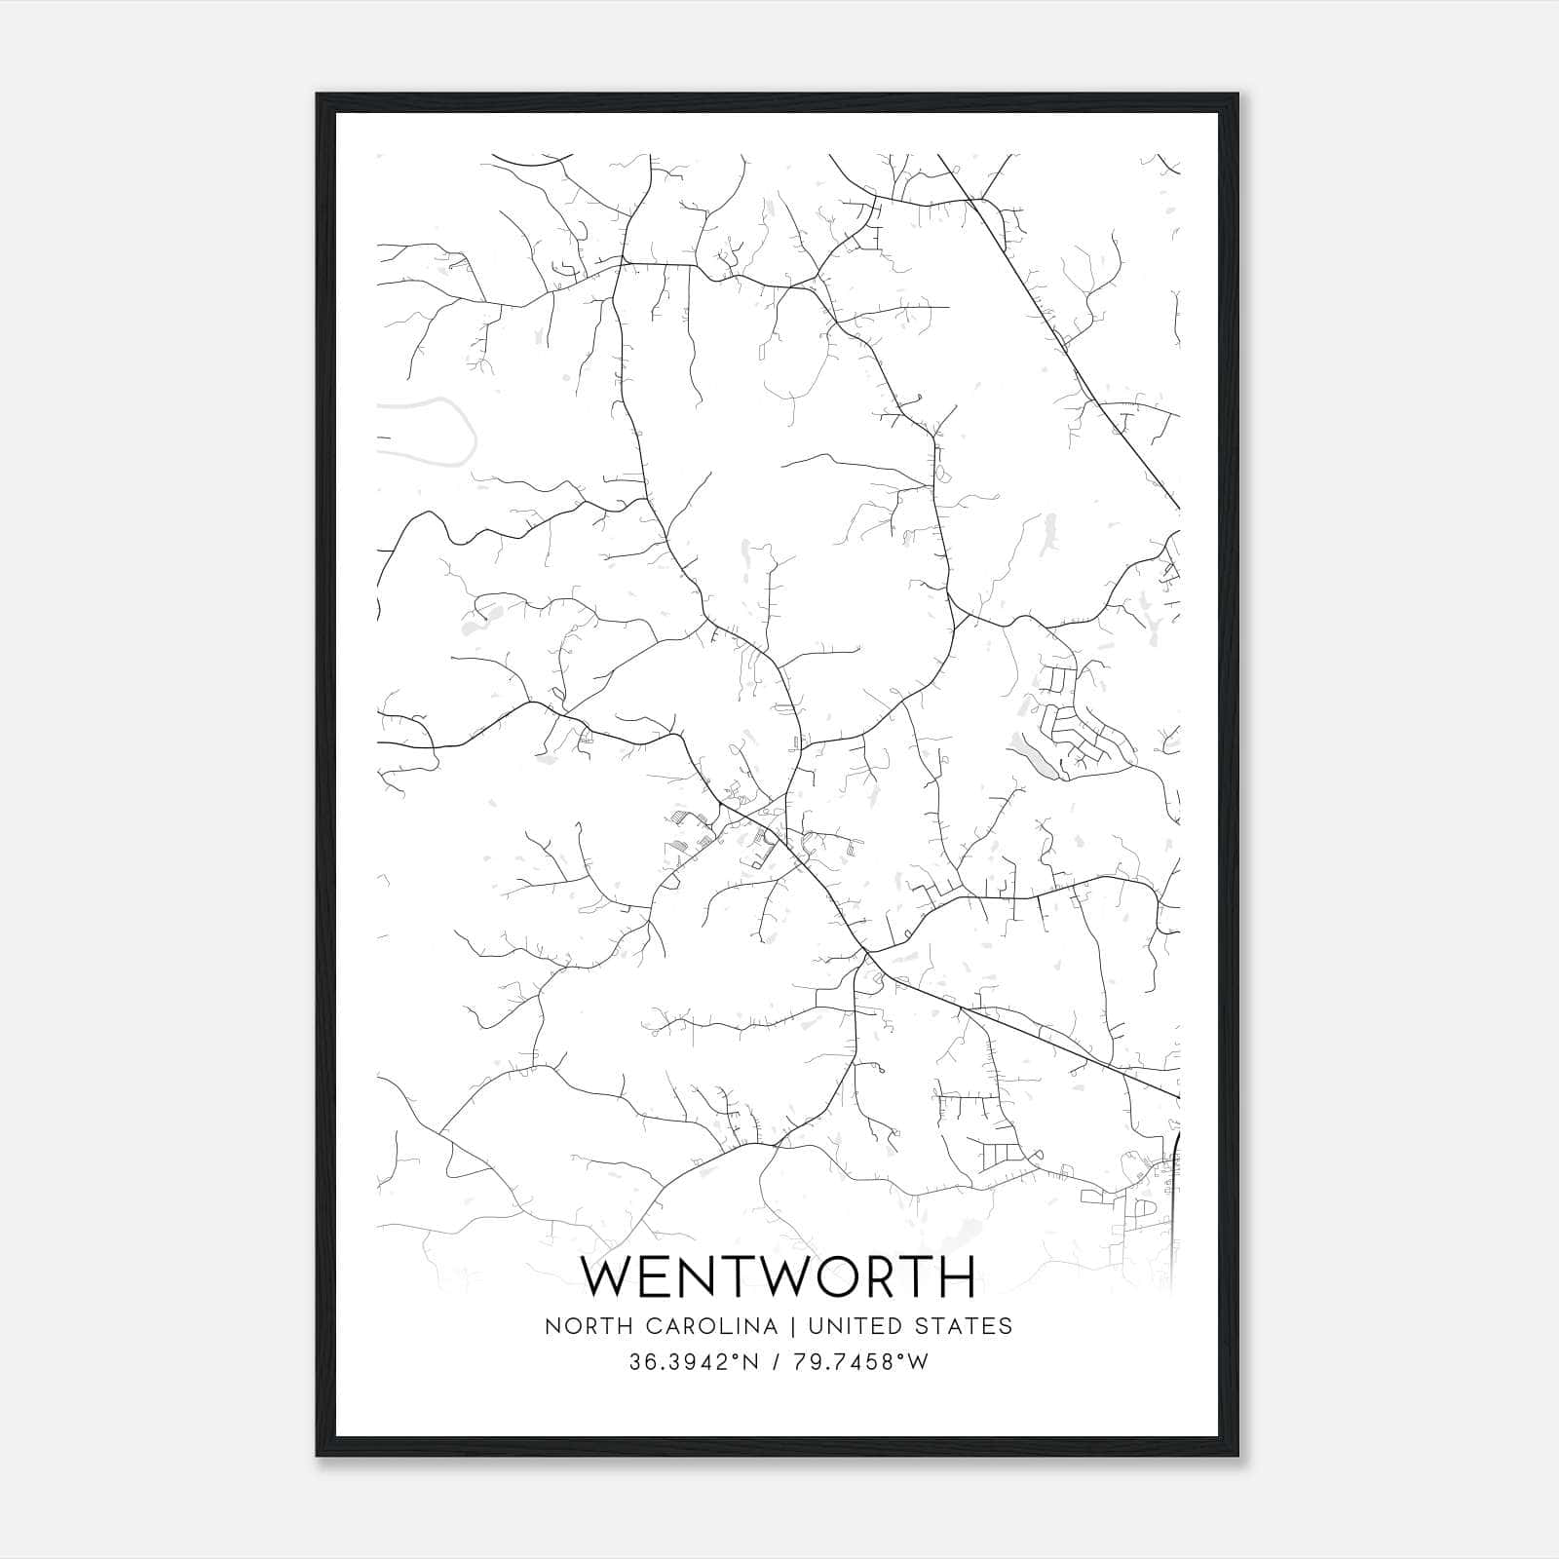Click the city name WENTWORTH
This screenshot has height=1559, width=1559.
[779, 1276]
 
